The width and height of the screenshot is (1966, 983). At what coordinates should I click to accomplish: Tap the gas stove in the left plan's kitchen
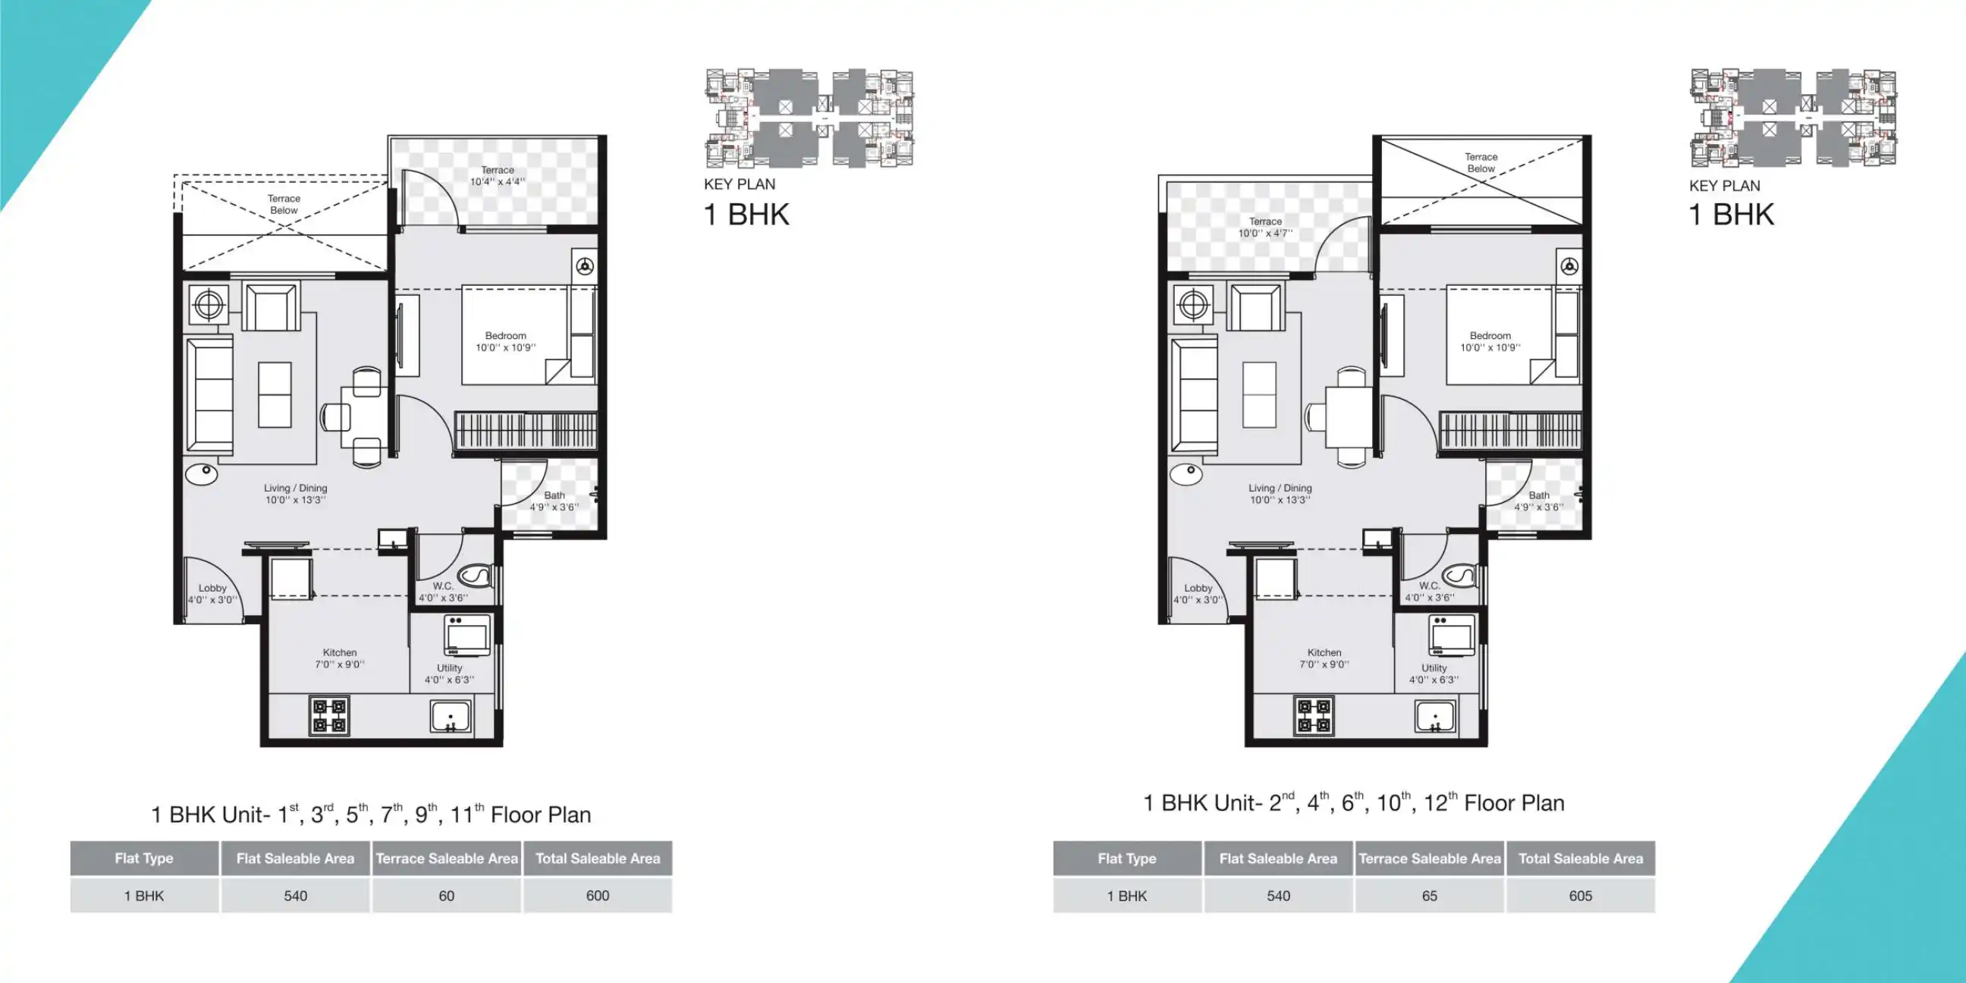point(329,715)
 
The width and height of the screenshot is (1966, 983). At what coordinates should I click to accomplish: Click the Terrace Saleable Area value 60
point(447,895)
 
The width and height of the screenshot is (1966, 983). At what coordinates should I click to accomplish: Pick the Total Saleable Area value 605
point(1581,895)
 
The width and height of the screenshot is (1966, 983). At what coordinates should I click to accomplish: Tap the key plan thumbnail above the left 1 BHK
point(809,118)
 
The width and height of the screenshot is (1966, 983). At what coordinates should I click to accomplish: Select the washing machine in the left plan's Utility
point(467,635)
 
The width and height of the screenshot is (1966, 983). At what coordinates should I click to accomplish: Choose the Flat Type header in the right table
point(1126,858)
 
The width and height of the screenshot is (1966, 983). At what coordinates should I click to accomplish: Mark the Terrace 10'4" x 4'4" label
point(497,175)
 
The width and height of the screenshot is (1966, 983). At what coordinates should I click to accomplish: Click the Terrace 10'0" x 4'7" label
point(1265,227)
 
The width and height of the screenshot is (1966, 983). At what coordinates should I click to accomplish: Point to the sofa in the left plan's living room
point(210,396)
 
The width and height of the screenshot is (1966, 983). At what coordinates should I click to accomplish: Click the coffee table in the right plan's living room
point(1259,394)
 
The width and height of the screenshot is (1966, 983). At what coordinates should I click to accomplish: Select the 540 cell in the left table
point(295,895)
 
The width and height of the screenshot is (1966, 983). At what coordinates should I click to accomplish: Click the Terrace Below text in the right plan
point(1481,162)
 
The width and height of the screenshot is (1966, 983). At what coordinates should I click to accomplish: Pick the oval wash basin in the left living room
point(203,473)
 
